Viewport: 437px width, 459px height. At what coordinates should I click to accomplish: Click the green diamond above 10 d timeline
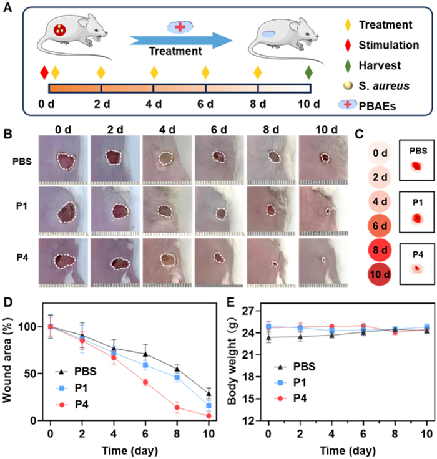(308, 72)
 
